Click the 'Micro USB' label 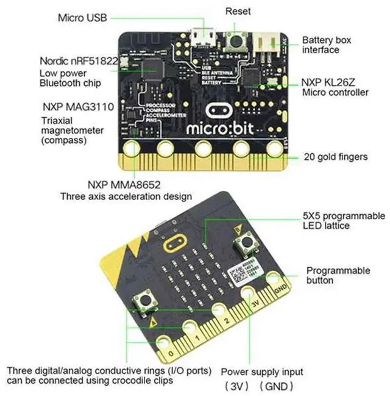click(82, 18)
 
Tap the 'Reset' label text click(238, 11)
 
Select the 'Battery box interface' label click(325, 45)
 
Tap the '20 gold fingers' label click(336, 157)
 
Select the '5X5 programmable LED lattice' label click(344, 221)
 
